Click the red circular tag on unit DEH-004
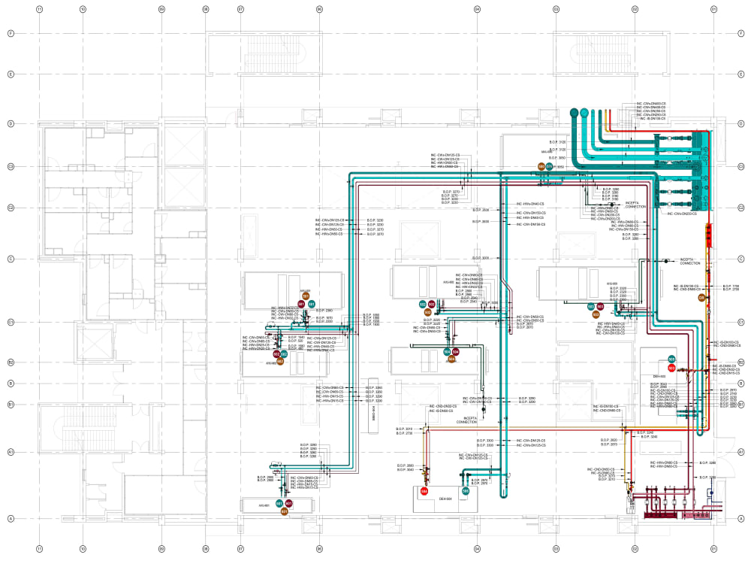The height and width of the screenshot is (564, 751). [x=424, y=492]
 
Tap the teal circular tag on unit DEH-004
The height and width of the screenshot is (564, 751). [x=466, y=491]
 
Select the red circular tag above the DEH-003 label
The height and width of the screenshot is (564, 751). [x=672, y=368]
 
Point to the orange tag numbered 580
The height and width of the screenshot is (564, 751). [x=541, y=167]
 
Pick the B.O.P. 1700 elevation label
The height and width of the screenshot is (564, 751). [x=731, y=287]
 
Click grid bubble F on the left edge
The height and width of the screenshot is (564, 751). [x=11, y=34]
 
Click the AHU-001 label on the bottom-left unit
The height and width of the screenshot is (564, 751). [x=263, y=505]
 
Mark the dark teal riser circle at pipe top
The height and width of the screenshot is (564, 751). [x=575, y=113]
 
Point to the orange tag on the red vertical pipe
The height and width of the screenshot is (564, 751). [x=703, y=298]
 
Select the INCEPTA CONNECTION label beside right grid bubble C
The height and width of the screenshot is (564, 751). [x=689, y=261]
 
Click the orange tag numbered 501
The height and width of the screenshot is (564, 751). [x=285, y=511]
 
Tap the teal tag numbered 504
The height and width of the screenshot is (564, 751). [x=448, y=352]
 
